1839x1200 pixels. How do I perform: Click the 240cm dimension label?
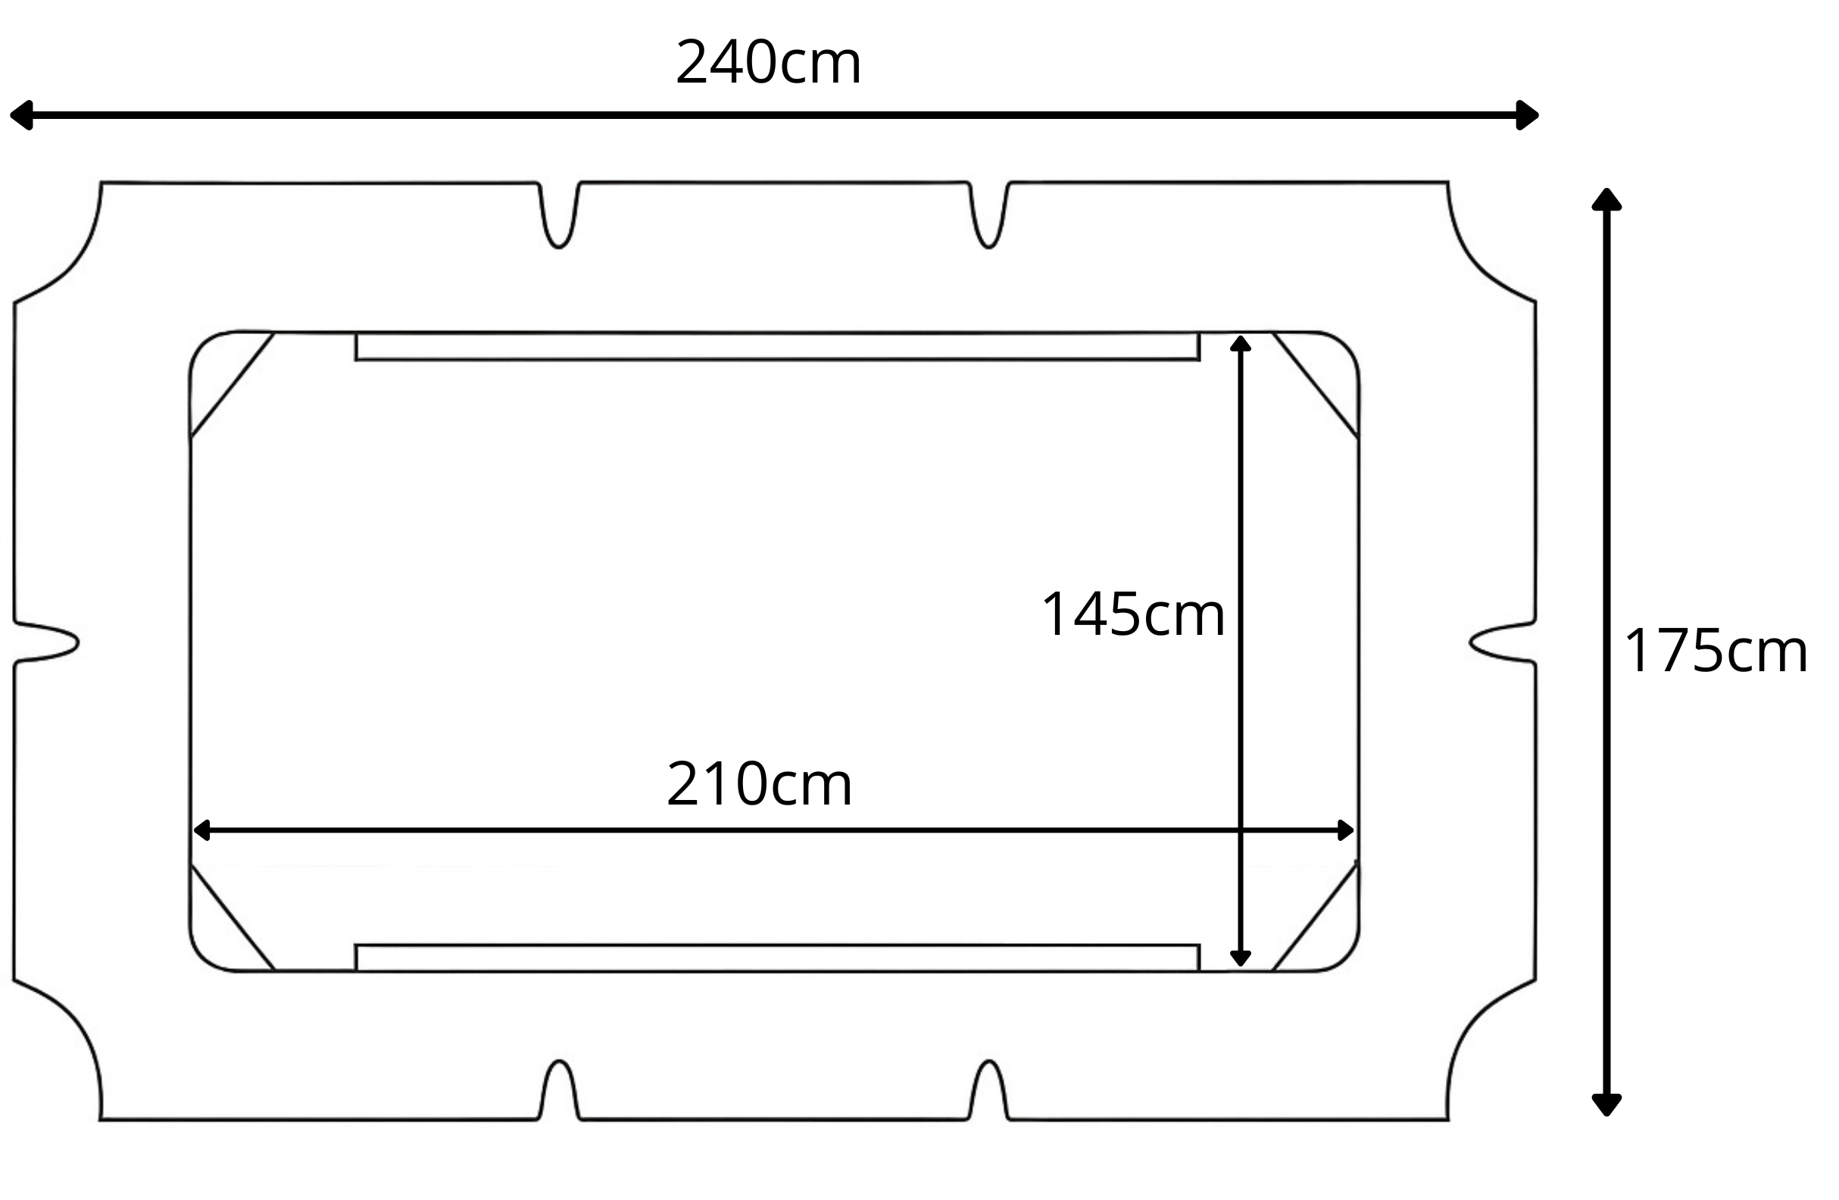coord(768,62)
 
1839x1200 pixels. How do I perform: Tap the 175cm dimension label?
coord(1716,651)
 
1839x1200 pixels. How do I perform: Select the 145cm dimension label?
coord(1133,614)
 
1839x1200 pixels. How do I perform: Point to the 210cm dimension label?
coord(759,783)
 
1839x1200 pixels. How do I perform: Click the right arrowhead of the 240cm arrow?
coord(1528,115)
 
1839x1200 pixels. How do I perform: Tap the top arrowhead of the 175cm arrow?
coord(1606,198)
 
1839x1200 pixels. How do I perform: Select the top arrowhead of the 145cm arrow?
coord(1240,344)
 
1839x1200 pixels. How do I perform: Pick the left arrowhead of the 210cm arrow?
coord(201,830)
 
